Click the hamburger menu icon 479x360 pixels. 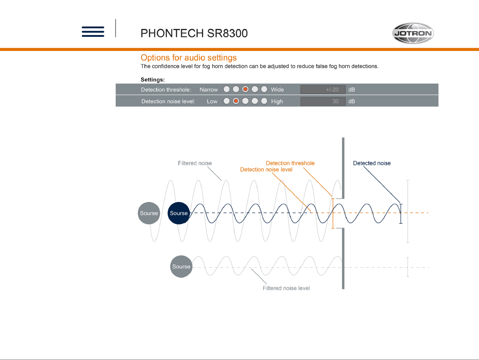pos(93,32)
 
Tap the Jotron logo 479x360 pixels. pos(413,33)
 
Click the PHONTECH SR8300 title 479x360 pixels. pos(194,33)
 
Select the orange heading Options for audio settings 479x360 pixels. pos(189,58)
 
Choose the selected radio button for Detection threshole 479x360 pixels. pos(245,89)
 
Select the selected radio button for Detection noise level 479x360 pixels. pos(236,101)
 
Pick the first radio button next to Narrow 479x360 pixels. pos(226,89)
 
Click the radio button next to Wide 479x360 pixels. pos(264,89)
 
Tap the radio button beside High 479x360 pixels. pos(264,101)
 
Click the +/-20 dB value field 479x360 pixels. pos(323,90)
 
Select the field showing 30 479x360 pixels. pos(323,101)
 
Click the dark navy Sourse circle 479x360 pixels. pos(178,213)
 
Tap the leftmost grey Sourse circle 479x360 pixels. pos(149,213)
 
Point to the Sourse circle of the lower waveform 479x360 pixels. pos(181,267)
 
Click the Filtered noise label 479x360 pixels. pos(195,163)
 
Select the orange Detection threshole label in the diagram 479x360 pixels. pos(290,163)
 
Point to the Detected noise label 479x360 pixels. pos(372,163)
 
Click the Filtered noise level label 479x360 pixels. pos(286,288)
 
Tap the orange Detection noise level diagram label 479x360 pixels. pos(266,170)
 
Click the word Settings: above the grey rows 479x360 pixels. pos(153,80)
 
